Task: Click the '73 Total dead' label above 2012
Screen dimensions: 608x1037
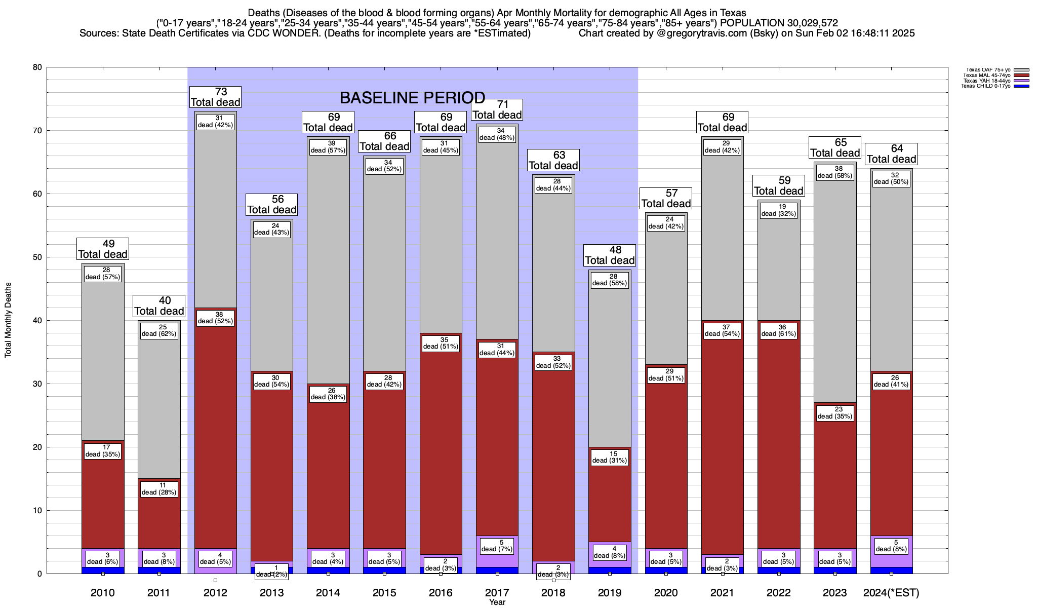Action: (x=215, y=97)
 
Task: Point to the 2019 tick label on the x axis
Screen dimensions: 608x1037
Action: (x=610, y=593)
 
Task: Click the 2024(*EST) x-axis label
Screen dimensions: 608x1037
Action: (x=891, y=593)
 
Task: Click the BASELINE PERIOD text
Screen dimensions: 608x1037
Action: (x=412, y=97)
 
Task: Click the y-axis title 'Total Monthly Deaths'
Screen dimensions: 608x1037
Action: (x=9, y=320)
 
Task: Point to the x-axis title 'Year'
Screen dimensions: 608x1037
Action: (x=497, y=602)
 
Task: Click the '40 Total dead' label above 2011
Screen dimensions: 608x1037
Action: (x=159, y=306)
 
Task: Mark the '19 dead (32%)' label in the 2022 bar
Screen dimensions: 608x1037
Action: (x=779, y=210)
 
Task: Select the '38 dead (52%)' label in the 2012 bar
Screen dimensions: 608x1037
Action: (x=215, y=318)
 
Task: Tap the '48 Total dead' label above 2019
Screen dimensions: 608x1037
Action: (x=610, y=255)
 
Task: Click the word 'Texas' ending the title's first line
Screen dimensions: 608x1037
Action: (x=732, y=13)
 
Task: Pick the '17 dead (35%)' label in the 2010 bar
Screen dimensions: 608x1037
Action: (x=103, y=451)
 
